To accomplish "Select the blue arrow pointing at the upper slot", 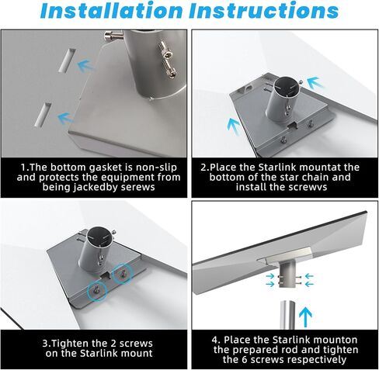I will (x=87, y=67).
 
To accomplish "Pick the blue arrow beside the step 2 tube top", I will (x=314, y=81).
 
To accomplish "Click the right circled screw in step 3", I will (x=123, y=273).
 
